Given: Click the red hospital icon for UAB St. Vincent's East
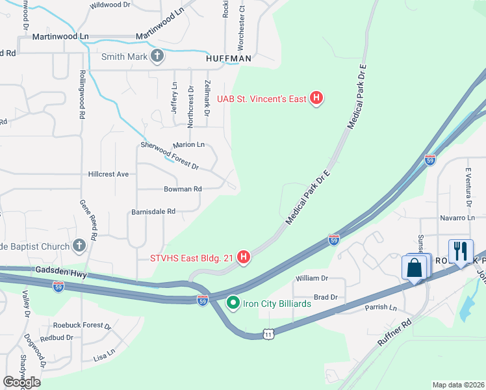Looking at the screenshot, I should click(316, 99).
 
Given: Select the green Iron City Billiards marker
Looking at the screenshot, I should click(233, 303).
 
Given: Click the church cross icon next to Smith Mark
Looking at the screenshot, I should click(157, 57).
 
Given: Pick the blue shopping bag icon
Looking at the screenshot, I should click(414, 268).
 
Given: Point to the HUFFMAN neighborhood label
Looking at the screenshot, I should click(228, 58).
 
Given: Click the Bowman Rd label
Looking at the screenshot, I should click(183, 189).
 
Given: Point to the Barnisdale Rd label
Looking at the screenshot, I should click(153, 211).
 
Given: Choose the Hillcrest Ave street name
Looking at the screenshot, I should click(109, 174).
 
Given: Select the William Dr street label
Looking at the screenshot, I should click(312, 278).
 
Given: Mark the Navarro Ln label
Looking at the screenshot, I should click(457, 218).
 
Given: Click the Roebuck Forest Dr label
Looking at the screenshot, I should click(83, 325).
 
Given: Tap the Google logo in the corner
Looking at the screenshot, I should click(21, 382).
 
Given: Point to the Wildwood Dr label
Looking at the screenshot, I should click(110, 5).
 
